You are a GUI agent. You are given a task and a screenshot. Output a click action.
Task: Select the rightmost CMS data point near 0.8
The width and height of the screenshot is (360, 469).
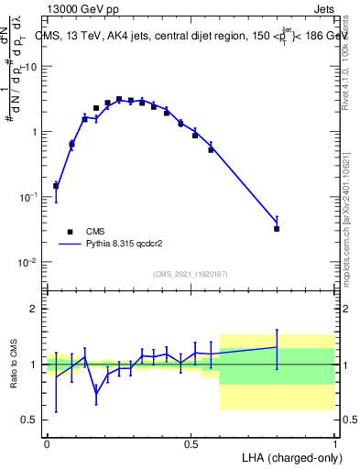point(277,229)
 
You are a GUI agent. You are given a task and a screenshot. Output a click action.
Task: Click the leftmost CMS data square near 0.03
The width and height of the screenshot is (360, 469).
point(56,186)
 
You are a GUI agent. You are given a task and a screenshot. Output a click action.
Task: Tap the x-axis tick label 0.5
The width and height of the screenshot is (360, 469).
point(190,442)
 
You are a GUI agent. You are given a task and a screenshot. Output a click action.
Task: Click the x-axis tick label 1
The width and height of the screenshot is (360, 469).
point(334,442)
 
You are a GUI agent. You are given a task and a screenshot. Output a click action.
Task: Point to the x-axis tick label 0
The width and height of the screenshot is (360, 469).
point(47,442)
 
